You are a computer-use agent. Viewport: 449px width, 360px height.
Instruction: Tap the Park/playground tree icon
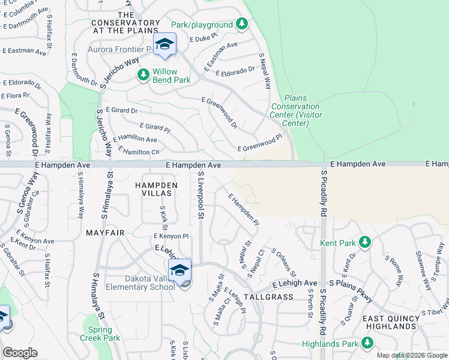[x=241, y=25]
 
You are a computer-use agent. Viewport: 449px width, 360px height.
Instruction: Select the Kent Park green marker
[x=364, y=243]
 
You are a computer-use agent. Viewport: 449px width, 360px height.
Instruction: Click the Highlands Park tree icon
[x=366, y=343]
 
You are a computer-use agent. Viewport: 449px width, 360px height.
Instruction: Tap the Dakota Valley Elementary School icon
[x=179, y=272]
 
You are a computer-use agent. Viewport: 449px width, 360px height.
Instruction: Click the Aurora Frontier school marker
[x=164, y=44]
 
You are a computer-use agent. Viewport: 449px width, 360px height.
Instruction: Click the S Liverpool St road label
[x=201, y=195]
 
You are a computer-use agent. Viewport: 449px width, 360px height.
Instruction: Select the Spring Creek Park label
[x=100, y=334]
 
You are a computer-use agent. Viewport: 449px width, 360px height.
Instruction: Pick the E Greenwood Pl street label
[x=259, y=144]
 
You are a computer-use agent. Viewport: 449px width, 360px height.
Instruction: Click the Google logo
[x=20, y=353]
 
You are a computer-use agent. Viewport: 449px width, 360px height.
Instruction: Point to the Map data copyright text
[x=412, y=355]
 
